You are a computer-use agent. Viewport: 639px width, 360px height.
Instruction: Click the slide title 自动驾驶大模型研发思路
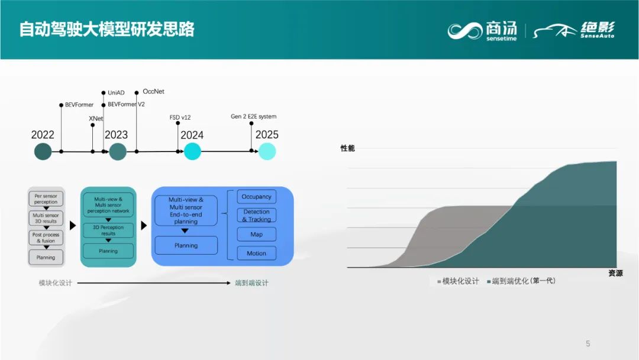pos(106,29)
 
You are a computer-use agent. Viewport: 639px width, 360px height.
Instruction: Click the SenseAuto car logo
pos(574,30)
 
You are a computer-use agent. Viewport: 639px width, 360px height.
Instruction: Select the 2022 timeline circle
pos(43,152)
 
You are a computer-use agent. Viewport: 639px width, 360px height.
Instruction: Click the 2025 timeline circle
pos(267,152)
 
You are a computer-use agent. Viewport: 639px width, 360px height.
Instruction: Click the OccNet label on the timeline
pos(153,92)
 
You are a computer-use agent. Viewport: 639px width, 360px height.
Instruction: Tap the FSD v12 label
pos(181,117)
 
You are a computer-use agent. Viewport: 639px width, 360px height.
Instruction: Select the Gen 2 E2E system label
pos(253,117)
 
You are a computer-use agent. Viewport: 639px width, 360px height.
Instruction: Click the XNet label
pos(96,118)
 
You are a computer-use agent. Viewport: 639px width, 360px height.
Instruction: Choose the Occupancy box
pos(256,197)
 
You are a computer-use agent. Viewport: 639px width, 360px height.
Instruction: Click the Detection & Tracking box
pos(256,216)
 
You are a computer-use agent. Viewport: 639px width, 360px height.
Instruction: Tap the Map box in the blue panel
pos(256,234)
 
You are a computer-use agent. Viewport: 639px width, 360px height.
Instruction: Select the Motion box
pos(256,253)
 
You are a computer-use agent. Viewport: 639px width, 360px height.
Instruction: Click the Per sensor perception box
pos(46,199)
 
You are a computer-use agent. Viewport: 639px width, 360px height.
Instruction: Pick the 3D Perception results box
pos(108,230)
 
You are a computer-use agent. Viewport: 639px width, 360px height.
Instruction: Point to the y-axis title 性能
pos(347,148)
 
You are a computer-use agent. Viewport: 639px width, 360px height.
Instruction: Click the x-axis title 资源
pos(615,274)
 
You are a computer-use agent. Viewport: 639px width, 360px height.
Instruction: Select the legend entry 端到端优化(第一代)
pos(523,281)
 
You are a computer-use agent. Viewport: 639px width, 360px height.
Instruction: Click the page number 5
pos(588,343)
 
